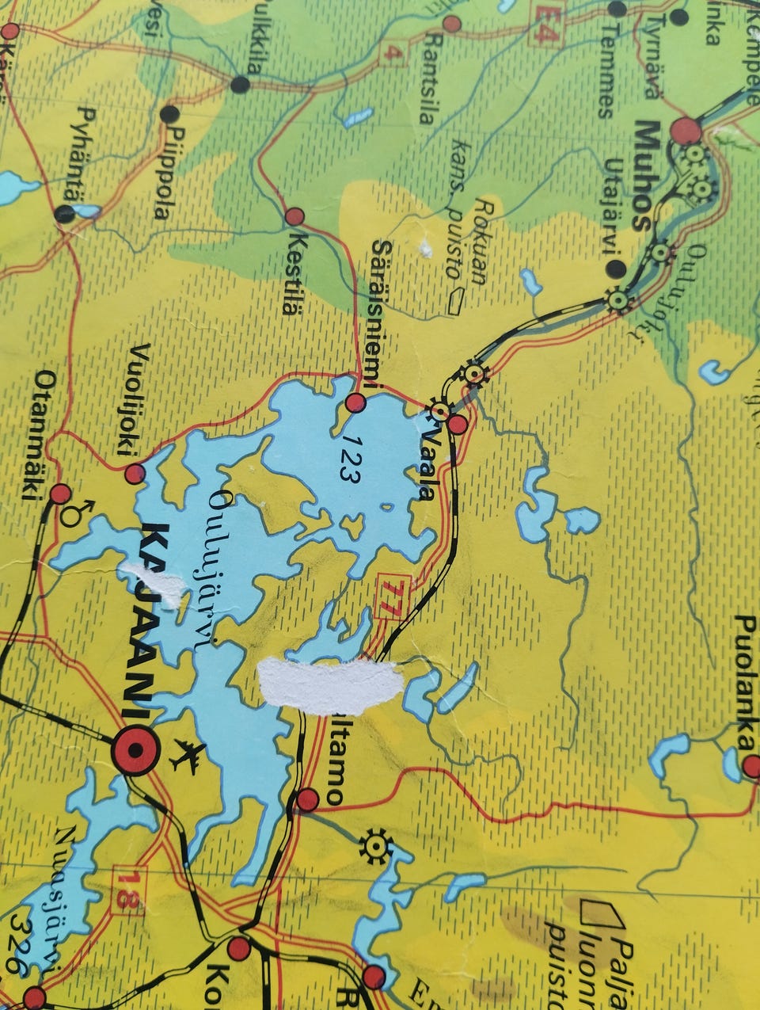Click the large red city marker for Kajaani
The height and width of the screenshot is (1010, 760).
[x=135, y=749]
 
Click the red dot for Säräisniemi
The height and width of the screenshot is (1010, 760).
[x=355, y=403]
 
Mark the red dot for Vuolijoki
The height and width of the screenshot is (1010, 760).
[x=135, y=474]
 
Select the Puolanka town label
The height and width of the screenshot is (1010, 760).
[x=744, y=681]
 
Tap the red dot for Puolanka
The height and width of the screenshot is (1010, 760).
[x=751, y=766]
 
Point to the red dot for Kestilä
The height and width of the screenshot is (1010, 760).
[x=294, y=216]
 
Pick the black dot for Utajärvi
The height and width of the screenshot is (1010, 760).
[x=614, y=269]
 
